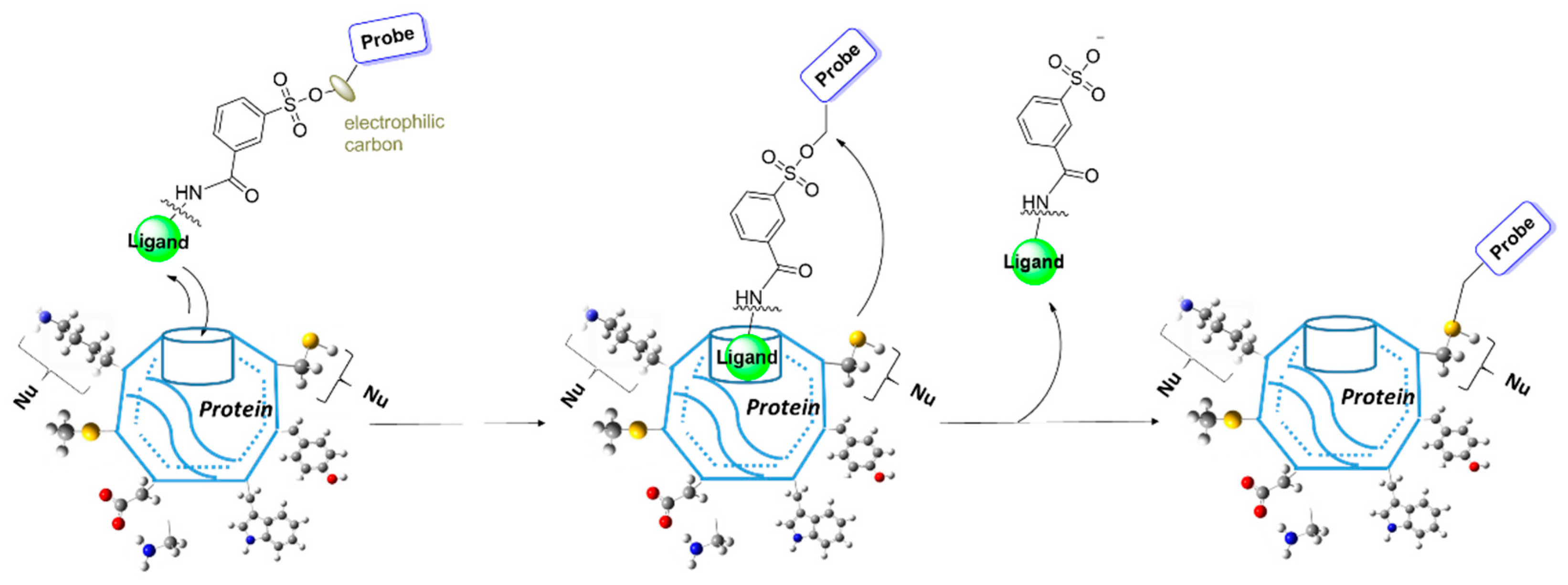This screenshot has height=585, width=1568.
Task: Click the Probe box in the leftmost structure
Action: point(388,38)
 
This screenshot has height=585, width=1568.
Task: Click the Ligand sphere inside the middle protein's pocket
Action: point(747,357)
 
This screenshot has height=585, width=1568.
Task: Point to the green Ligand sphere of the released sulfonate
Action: point(1034,261)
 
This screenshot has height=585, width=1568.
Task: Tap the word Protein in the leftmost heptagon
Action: point(235,409)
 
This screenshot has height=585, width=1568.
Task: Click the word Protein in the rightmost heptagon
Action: point(1377,397)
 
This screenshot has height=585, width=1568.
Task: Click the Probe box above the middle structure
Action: point(839,64)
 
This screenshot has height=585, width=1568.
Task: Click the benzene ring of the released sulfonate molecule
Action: point(1043,121)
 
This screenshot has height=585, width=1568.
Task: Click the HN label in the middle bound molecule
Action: point(748,298)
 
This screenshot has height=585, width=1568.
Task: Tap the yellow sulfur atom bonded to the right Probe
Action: point(1452,329)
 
